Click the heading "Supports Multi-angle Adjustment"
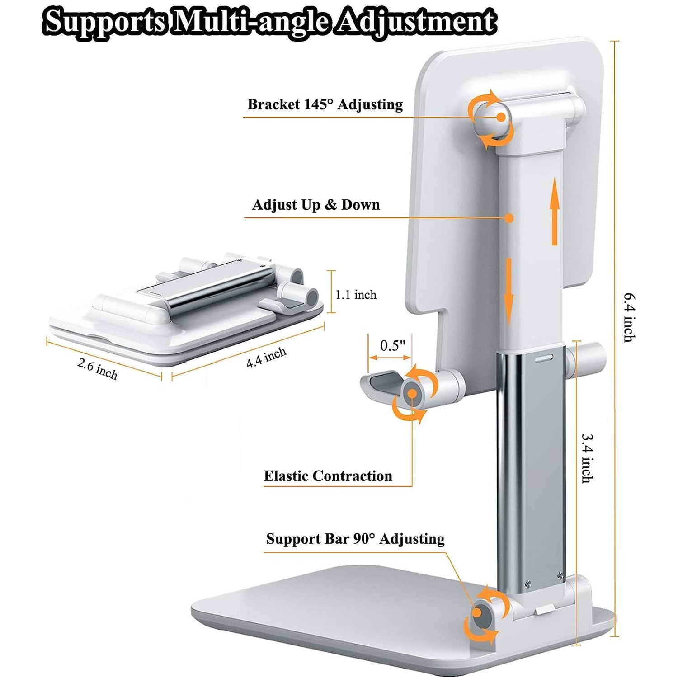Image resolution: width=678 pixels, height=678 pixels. pyautogui.click(x=270, y=21)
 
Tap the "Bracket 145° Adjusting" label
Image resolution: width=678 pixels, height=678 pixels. pyautogui.click(x=325, y=104)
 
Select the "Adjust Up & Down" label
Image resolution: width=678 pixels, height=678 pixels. pyautogui.click(x=316, y=205)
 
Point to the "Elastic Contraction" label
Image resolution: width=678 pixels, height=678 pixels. pyautogui.click(x=328, y=476)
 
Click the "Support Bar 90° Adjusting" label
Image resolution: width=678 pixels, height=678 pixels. pyautogui.click(x=355, y=539)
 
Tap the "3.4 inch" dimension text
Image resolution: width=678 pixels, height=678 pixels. pyautogui.click(x=587, y=458)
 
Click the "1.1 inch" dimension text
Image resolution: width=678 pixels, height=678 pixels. pyautogui.click(x=356, y=295)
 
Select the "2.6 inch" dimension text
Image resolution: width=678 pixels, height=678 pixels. pyautogui.click(x=97, y=369)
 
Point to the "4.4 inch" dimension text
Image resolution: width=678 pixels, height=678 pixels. pyautogui.click(x=266, y=358)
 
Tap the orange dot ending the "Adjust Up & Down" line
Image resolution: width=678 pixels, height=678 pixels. pyautogui.click(x=509, y=218)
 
